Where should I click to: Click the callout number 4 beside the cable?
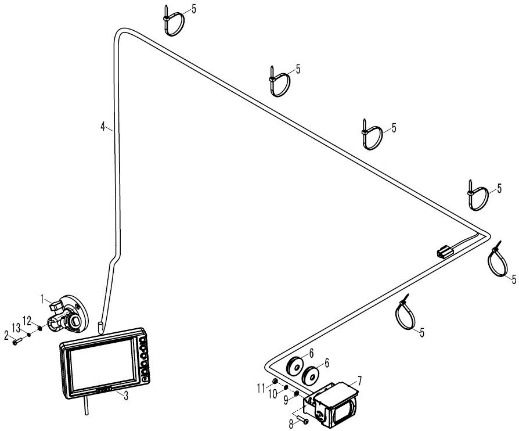103,126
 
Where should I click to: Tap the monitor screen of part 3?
103,364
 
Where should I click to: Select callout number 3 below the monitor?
126,396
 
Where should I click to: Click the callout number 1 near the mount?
42,299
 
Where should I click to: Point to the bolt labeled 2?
17,341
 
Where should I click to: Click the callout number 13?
16,328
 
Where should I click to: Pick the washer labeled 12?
40,328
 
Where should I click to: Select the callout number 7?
359,380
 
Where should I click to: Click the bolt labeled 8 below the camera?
302,420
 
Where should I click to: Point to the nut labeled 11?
275,382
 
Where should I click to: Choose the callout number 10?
273,394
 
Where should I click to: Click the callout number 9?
287,401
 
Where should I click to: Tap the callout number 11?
261,387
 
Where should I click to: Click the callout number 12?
27,321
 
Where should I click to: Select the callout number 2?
6,336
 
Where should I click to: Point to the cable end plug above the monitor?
100,327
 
